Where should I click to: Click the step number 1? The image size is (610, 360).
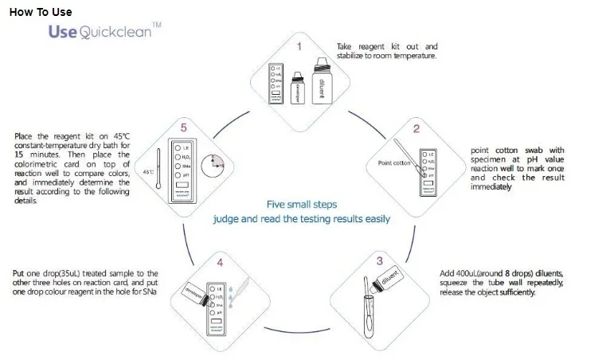tap(299, 47)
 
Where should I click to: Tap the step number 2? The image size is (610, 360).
tap(416, 127)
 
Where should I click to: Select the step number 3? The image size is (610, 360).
tap(379, 260)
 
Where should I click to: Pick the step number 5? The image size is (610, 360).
tap(182, 127)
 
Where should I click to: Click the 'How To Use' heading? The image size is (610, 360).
tap(41, 12)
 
